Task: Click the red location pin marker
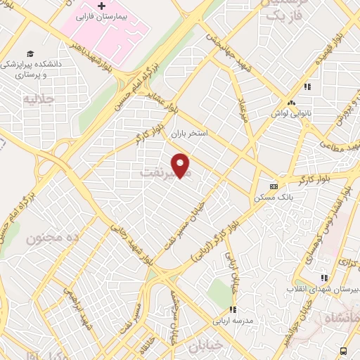[181, 165]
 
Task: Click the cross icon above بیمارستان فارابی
[102, 6]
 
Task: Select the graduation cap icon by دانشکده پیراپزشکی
[30, 53]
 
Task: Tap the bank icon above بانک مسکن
[274, 186]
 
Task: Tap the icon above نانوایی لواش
[307, 87]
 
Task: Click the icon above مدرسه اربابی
[232, 309]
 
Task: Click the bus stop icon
[343, 351]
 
